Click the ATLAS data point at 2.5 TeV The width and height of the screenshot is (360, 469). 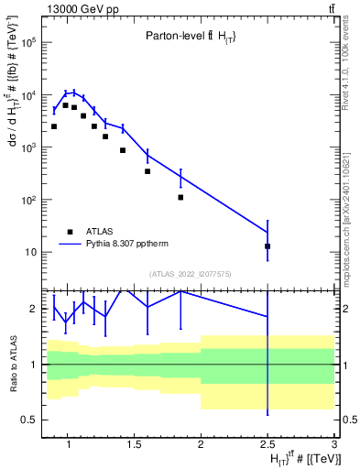(x=267, y=246)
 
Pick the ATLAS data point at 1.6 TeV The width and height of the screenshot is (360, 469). (x=147, y=171)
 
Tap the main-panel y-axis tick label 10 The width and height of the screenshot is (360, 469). (x=29, y=252)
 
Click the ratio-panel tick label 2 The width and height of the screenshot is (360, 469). (x=31, y=309)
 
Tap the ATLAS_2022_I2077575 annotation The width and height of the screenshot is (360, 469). (x=189, y=273)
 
